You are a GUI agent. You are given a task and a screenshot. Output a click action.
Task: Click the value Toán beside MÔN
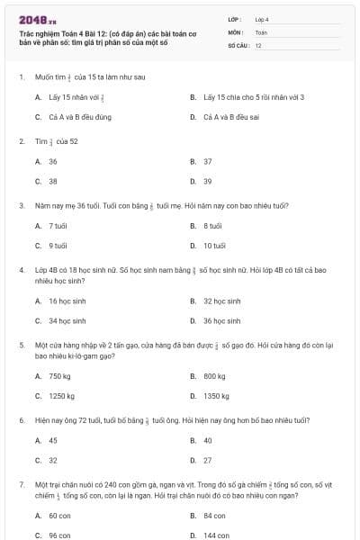262,31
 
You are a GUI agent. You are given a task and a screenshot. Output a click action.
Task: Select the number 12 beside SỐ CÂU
258,44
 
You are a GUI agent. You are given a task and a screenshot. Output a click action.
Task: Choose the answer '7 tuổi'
58,225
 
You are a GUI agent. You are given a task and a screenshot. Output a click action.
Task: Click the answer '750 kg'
59,375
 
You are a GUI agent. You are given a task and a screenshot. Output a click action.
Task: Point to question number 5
21,345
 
